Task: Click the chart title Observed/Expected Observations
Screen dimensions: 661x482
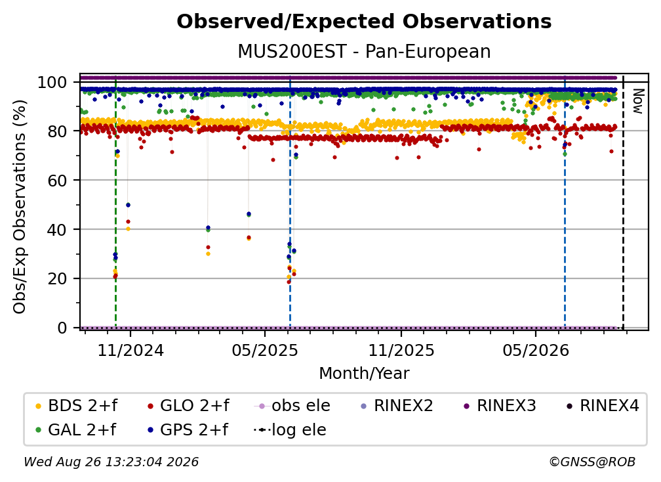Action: click(364, 22)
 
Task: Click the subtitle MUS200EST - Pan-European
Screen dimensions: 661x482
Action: click(364, 51)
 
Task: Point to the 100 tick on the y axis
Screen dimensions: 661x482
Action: click(58, 82)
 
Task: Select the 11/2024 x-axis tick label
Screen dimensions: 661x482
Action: click(130, 350)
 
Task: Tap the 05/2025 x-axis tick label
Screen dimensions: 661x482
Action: click(265, 350)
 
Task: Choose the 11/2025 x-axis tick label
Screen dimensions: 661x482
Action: click(401, 350)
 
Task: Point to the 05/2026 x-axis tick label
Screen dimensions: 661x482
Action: click(536, 350)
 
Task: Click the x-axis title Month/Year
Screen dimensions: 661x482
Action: click(364, 373)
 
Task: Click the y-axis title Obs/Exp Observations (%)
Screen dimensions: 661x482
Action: click(20, 206)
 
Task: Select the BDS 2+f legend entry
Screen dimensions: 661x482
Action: click(76, 406)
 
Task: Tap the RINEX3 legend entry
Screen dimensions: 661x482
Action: click(500, 406)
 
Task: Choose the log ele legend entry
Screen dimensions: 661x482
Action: click(290, 429)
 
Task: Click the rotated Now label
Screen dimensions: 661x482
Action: click(638, 101)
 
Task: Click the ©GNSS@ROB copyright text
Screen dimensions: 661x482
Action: click(592, 462)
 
